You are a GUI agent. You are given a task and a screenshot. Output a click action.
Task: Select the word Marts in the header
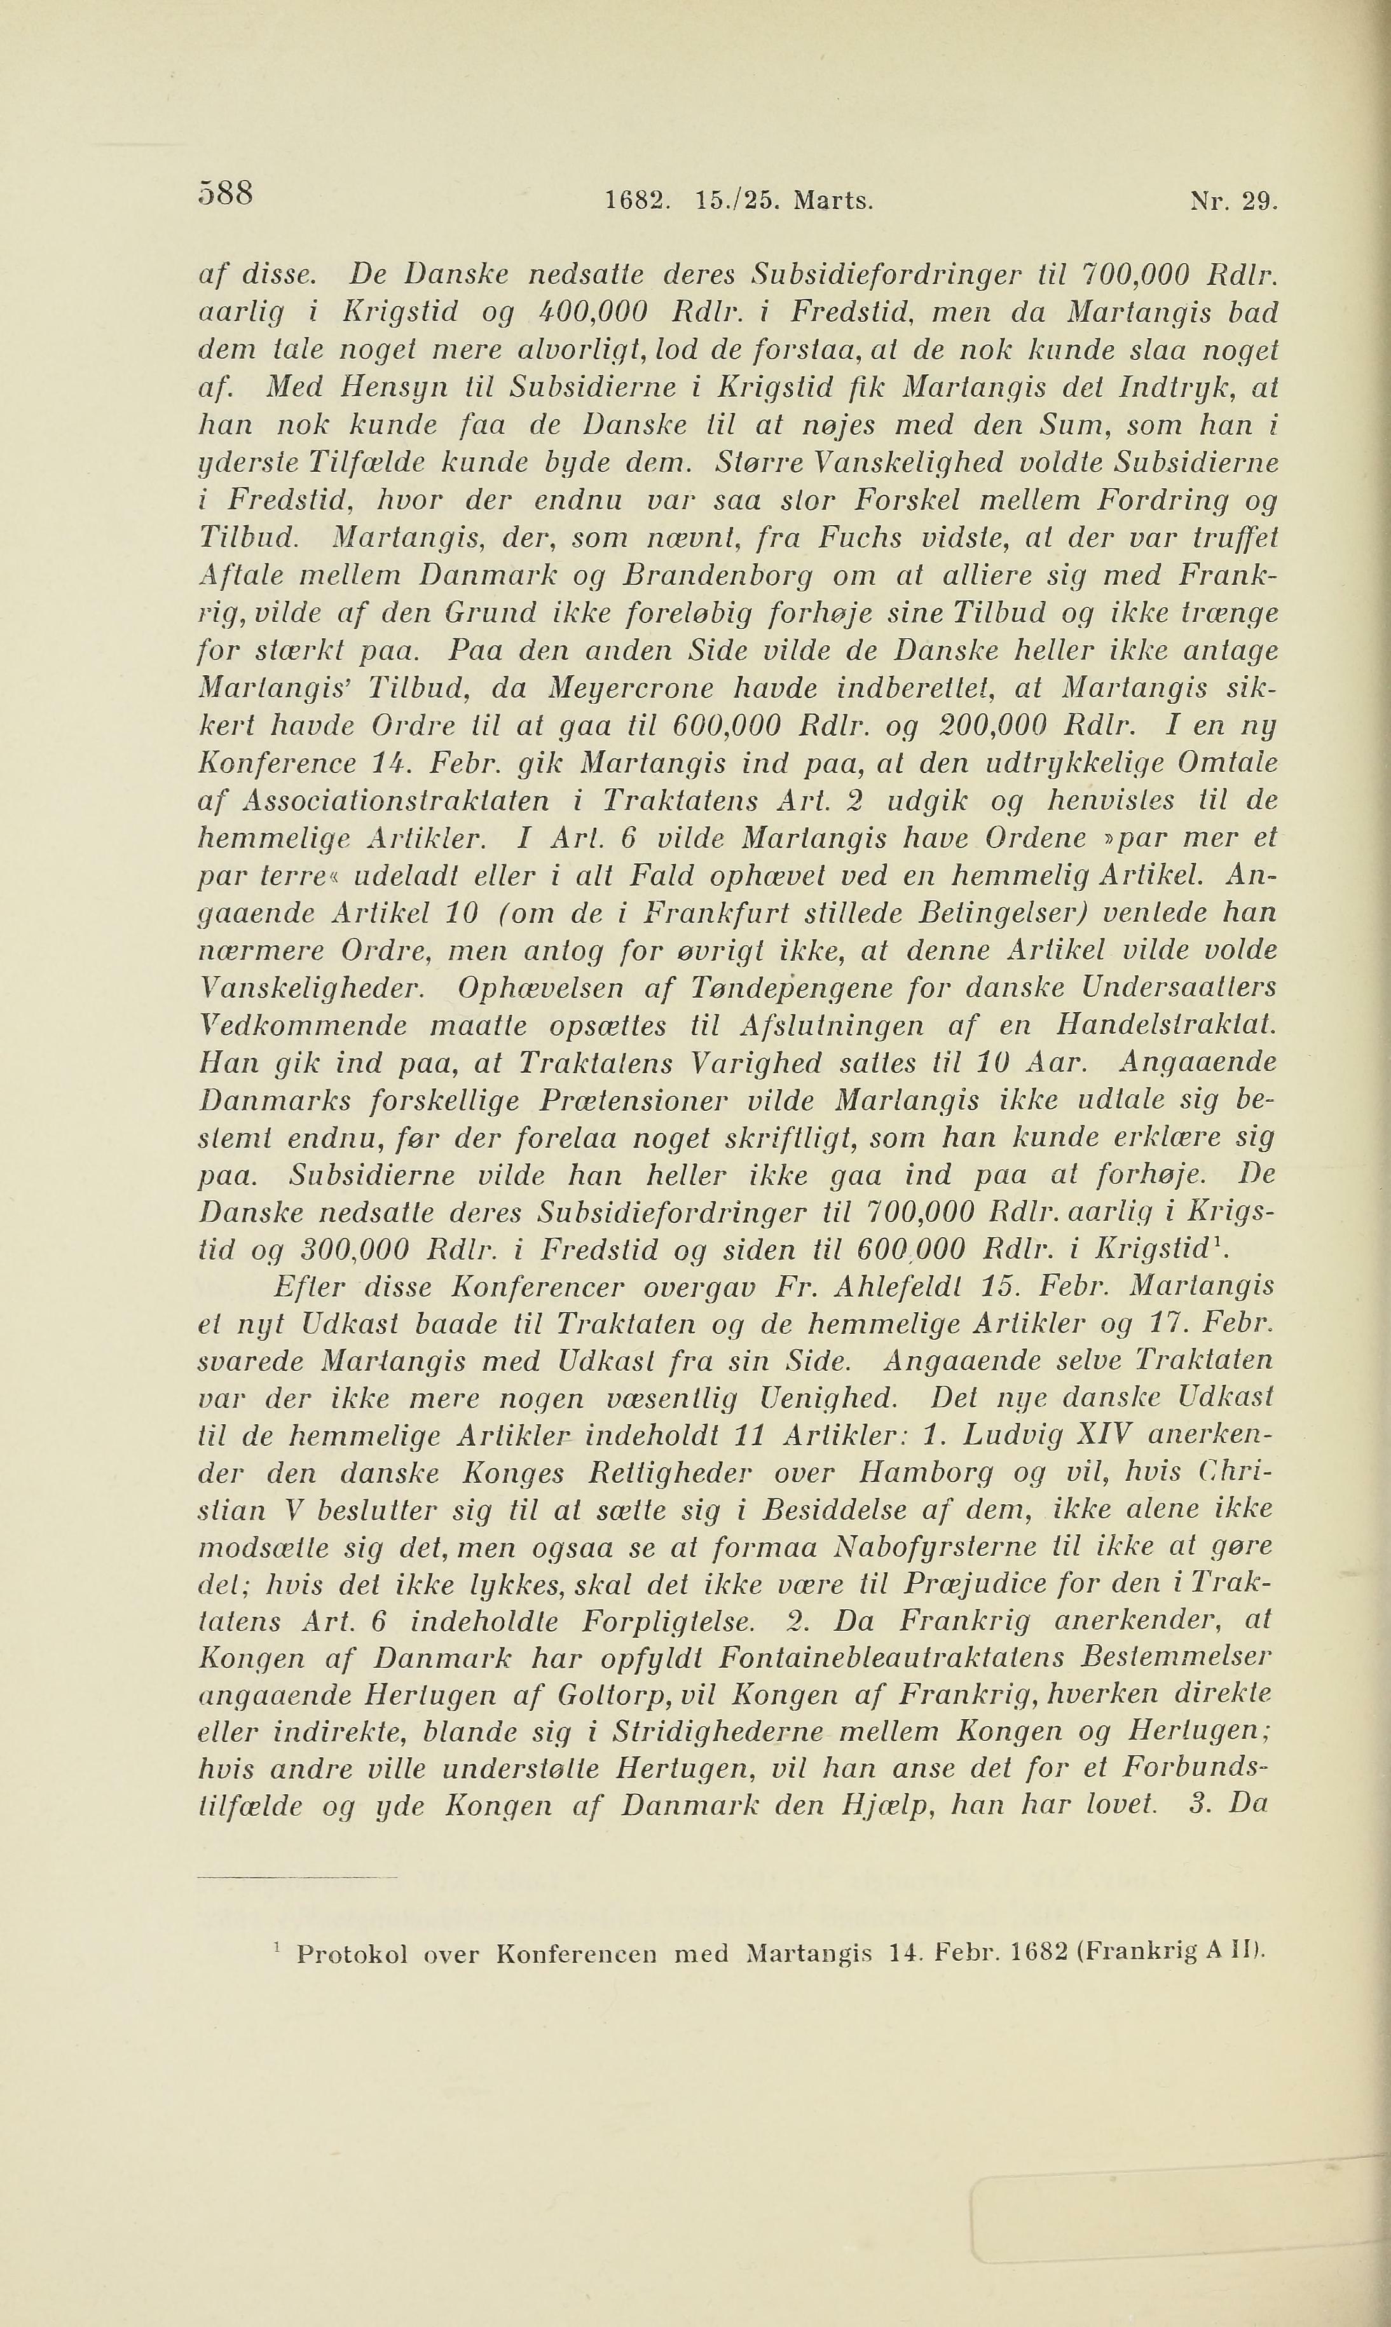(x=832, y=200)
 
